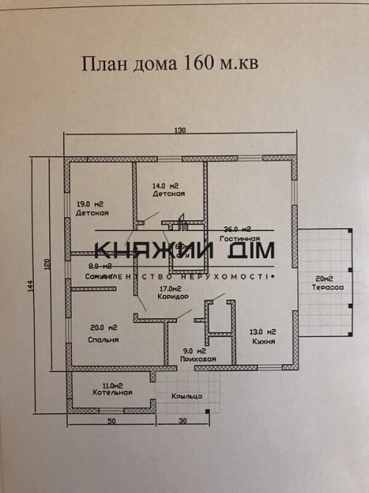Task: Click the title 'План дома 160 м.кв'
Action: (171, 64)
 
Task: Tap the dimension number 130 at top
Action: (180, 130)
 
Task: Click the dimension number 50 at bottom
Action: (112, 422)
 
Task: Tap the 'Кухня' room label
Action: (262, 342)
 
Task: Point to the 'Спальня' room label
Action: (104, 340)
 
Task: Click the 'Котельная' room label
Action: (112, 392)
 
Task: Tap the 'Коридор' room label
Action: (173, 297)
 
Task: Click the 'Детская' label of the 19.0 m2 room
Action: (92, 213)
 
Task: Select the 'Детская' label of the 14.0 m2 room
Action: (168, 194)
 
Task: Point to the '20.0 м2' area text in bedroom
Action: (103, 328)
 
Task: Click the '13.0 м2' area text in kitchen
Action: (262, 331)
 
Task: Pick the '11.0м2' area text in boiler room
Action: (112, 384)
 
